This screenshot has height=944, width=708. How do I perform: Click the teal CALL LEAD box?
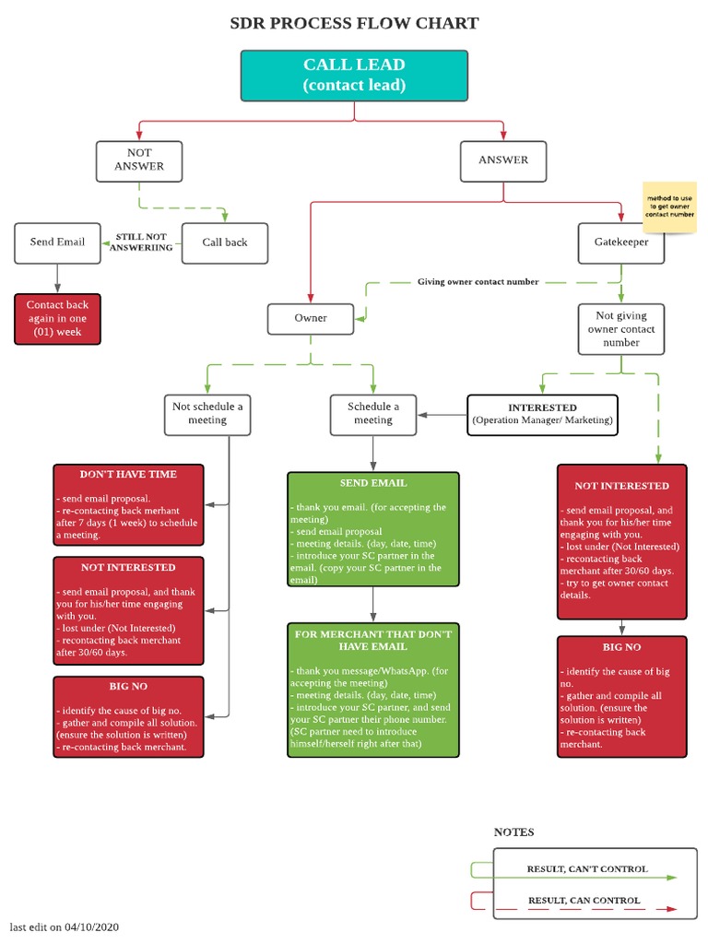tap(354, 76)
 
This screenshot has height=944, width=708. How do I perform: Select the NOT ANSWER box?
tap(139, 160)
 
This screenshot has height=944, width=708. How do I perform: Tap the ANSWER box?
tap(503, 160)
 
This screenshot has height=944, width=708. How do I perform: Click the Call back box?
tap(225, 243)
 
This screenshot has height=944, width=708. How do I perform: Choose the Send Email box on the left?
tap(57, 243)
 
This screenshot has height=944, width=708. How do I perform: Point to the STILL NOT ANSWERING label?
tap(141, 242)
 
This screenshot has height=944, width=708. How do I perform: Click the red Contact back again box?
tap(57, 318)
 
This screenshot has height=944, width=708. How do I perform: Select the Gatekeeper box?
tap(620, 243)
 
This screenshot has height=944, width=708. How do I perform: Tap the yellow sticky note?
tap(670, 207)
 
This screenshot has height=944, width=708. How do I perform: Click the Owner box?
tap(311, 319)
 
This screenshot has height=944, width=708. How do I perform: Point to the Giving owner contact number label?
tap(478, 282)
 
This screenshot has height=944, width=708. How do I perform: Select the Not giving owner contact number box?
tap(620, 329)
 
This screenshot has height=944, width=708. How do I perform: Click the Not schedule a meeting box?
tap(207, 414)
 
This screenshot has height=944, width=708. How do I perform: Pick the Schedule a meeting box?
tap(373, 414)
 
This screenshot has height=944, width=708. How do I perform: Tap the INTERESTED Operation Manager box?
tap(542, 414)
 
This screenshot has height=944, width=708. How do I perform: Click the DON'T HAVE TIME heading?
tap(128, 475)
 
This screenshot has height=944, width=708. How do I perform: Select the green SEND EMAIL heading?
tap(372, 483)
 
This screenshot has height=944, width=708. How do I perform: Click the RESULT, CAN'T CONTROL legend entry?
tap(586, 869)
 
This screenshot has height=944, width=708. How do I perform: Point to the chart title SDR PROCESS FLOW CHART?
tap(354, 24)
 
